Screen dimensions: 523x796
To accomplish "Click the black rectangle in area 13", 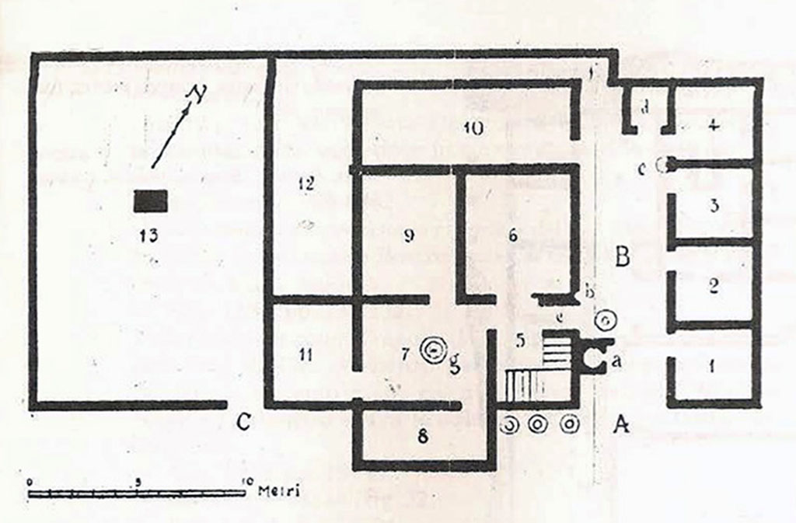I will click(150, 201).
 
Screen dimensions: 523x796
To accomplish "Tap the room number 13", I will click(150, 235).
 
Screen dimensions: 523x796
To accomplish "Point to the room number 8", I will click(422, 436).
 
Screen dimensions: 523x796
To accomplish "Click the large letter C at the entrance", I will click(244, 422).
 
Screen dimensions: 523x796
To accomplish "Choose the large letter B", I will click(621, 256).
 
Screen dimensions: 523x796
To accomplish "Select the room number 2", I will click(711, 286).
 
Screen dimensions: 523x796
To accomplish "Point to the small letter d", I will click(644, 108).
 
